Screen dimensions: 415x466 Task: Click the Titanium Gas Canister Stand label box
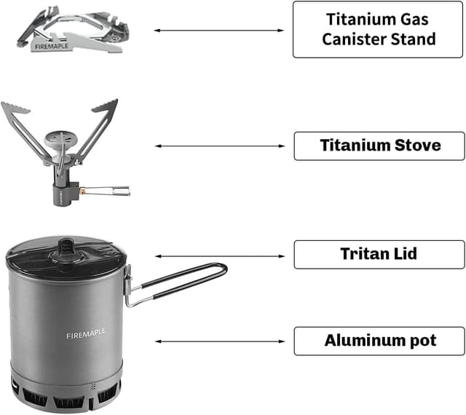(379, 29)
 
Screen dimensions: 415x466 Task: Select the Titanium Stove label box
(379, 146)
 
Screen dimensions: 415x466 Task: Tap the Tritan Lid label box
(379, 254)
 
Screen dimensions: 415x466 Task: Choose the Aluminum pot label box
(379, 340)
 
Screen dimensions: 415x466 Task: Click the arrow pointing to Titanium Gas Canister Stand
(219, 31)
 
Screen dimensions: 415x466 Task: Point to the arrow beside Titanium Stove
(219, 146)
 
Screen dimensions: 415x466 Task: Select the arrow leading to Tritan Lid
(219, 256)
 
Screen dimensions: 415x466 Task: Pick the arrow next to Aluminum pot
(219, 341)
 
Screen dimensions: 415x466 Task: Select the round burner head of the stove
(59, 137)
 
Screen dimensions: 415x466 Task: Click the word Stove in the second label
(416, 146)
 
